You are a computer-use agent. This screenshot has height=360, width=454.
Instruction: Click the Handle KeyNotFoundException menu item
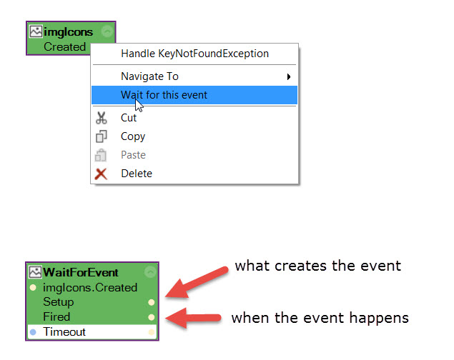point(194,54)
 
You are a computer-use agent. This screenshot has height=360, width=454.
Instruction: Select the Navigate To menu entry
point(149,76)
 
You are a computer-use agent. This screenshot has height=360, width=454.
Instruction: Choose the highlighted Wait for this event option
point(164,94)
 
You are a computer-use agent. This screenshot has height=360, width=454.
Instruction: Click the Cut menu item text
point(129,118)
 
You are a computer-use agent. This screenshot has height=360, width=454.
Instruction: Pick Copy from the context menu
point(133,136)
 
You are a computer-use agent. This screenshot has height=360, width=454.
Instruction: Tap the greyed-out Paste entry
point(133,155)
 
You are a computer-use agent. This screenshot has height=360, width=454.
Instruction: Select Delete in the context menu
point(136,174)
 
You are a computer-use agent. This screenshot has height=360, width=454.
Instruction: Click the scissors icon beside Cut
point(102,118)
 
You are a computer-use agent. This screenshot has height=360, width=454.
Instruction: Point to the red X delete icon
point(102,174)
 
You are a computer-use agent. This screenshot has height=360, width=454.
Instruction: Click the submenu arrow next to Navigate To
point(289,76)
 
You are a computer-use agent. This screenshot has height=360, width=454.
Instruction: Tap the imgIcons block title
point(68,32)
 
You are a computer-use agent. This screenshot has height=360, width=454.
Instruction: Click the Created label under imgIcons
point(64,47)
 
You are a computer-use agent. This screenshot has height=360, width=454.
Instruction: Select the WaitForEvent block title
point(81,272)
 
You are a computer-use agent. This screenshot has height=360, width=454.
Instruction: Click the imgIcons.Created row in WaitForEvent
point(90,288)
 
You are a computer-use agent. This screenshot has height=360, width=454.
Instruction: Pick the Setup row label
point(58,302)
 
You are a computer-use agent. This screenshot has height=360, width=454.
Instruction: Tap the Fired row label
point(56,317)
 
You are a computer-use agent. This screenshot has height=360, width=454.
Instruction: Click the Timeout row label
point(64,332)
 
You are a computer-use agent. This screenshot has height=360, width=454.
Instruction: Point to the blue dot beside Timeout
point(33,332)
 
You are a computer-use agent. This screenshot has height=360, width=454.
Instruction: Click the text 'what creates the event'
point(317,266)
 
